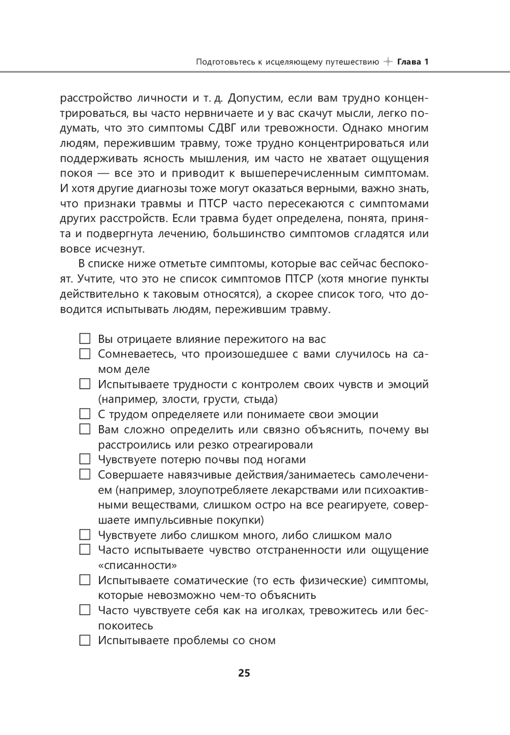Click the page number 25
point(244,673)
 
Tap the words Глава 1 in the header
point(413,62)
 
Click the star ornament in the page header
point(388,62)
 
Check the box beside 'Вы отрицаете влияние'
point(85,339)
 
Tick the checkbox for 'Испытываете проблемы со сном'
point(85,640)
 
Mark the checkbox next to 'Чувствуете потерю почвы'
point(85,460)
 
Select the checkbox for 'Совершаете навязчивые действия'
point(85,474)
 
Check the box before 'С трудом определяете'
point(85,414)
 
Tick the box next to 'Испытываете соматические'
point(85,580)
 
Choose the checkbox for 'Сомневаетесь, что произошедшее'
point(85,353)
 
